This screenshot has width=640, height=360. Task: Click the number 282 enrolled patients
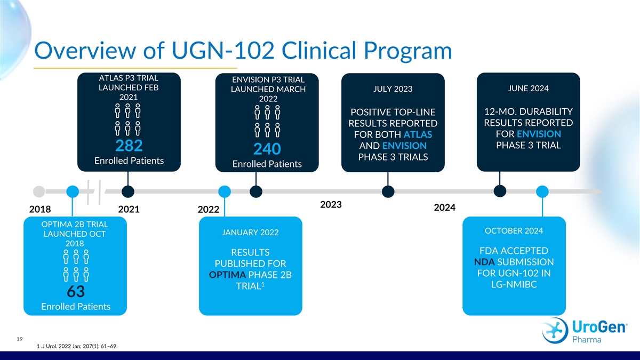(129, 146)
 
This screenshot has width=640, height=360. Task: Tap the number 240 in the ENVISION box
(267, 150)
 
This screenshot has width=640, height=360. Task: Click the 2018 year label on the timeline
(40, 210)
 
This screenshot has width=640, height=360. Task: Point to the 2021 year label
(129, 210)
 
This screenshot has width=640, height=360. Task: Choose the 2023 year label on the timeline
(331, 205)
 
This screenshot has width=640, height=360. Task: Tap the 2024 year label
(444, 207)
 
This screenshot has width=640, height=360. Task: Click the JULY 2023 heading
(393, 89)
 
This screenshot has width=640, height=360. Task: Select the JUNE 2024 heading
(529, 88)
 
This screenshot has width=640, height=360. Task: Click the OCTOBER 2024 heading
(514, 230)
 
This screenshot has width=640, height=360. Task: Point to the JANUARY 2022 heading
(250, 232)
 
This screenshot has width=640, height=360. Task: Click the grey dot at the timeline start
(38, 191)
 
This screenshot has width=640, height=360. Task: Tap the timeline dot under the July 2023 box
(388, 191)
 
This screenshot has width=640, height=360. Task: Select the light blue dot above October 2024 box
(542, 191)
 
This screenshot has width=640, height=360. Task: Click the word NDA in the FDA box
(484, 262)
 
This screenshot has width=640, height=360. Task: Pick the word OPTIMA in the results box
(228, 275)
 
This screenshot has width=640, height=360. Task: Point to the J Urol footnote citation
(77, 347)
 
